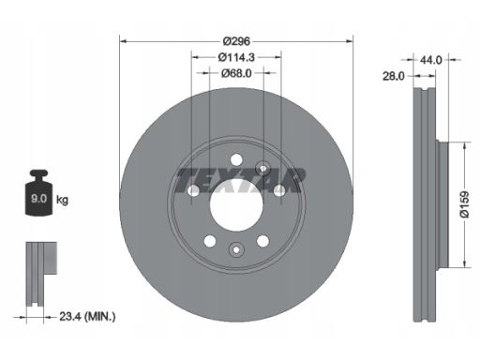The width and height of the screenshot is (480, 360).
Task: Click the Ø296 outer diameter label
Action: click(x=236, y=41)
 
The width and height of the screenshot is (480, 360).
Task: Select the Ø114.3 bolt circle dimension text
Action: click(x=236, y=57)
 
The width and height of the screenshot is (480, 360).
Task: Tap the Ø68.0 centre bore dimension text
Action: click(x=236, y=73)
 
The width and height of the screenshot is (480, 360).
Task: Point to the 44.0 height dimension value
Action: click(x=430, y=60)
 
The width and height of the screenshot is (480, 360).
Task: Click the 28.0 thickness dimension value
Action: click(x=394, y=76)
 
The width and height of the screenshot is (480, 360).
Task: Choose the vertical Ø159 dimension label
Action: click(x=464, y=204)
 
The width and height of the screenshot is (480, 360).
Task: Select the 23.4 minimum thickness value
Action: click(x=69, y=317)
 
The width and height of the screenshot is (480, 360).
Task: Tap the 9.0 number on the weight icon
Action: click(x=38, y=199)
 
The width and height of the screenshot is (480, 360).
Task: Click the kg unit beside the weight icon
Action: click(x=62, y=200)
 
